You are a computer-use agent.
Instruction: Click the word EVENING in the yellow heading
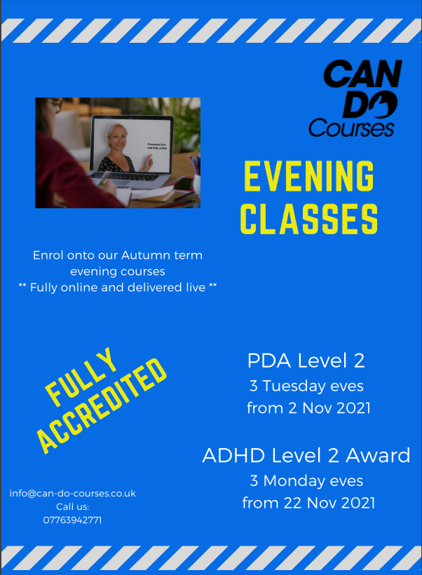(308, 177)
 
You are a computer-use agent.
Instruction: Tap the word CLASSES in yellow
(308, 219)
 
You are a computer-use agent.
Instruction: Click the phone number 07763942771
(72, 520)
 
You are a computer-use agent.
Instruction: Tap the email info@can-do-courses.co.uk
(72, 493)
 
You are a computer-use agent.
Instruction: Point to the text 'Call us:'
(72, 506)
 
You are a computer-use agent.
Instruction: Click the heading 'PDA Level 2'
(306, 361)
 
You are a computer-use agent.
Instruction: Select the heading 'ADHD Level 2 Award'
(306, 455)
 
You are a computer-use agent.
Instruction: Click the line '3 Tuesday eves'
(306, 386)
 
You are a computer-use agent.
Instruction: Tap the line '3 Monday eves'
(306, 480)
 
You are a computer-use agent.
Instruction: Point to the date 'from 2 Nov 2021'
(308, 408)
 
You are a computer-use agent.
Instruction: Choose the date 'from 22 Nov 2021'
(308, 503)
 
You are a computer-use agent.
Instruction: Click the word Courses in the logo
(351, 128)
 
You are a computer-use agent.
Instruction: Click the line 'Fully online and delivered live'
(117, 287)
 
